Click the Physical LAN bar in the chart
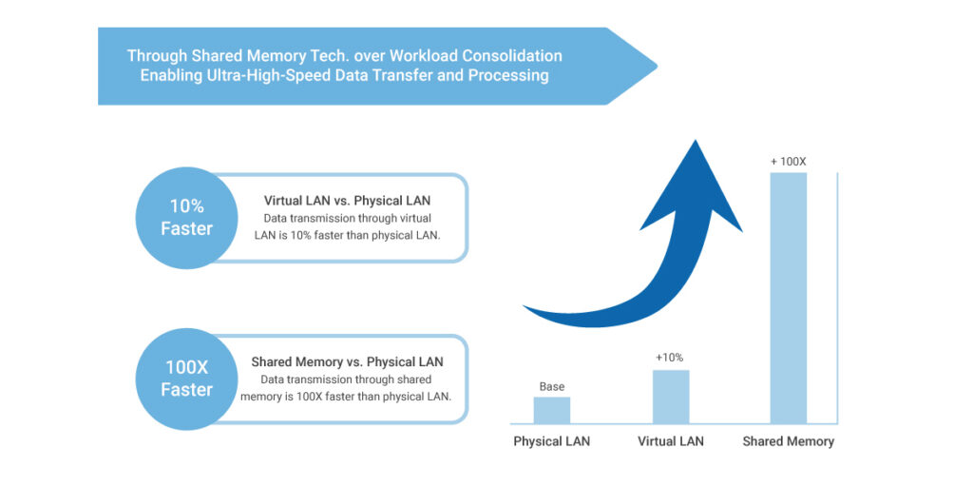pyautogui.click(x=551, y=410)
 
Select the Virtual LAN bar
pyautogui.click(x=671, y=397)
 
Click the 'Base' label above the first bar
pyautogui.click(x=552, y=387)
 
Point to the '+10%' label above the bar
pyautogui.click(x=670, y=358)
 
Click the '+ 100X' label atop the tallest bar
pyautogui.click(x=788, y=162)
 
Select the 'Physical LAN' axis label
pyautogui.click(x=551, y=441)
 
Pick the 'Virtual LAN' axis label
pyautogui.click(x=671, y=441)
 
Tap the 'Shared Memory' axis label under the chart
pyautogui.click(x=788, y=441)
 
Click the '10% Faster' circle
pyautogui.click(x=187, y=218)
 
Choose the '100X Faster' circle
pyautogui.click(x=187, y=379)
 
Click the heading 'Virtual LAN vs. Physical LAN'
pyautogui.click(x=347, y=201)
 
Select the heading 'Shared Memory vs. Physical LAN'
pyautogui.click(x=347, y=362)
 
